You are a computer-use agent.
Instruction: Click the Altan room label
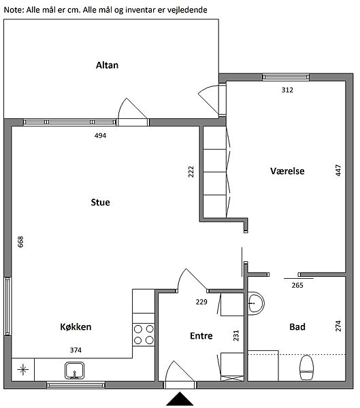click(107, 65)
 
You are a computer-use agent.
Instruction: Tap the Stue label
click(100, 202)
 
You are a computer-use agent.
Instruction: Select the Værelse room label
click(287, 171)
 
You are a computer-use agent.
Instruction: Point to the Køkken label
click(76, 327)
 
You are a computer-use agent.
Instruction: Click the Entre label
click(201, 336)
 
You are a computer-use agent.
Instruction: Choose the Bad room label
click(297, 327)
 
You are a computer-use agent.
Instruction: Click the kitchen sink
click(74, 371)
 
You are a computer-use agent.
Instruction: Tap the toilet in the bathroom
click(306, 367)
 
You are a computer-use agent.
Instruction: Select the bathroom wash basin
click(256, 303)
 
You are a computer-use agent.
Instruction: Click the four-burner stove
click(144, 335)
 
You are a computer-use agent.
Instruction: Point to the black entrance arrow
click(180, 399)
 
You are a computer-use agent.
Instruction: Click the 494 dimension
click(100, 135)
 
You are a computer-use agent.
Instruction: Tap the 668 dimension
click(20, 241)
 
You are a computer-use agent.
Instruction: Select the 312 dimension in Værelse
click(287, 90)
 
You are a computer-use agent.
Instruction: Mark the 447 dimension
click(338, 171)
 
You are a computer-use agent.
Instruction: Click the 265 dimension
click(297, 286)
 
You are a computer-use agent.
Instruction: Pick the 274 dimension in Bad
click(338, 326)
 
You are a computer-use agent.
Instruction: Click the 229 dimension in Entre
click(201, 302)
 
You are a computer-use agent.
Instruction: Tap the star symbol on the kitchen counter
click(23, 370)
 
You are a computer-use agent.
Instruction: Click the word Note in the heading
click(14, 10)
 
